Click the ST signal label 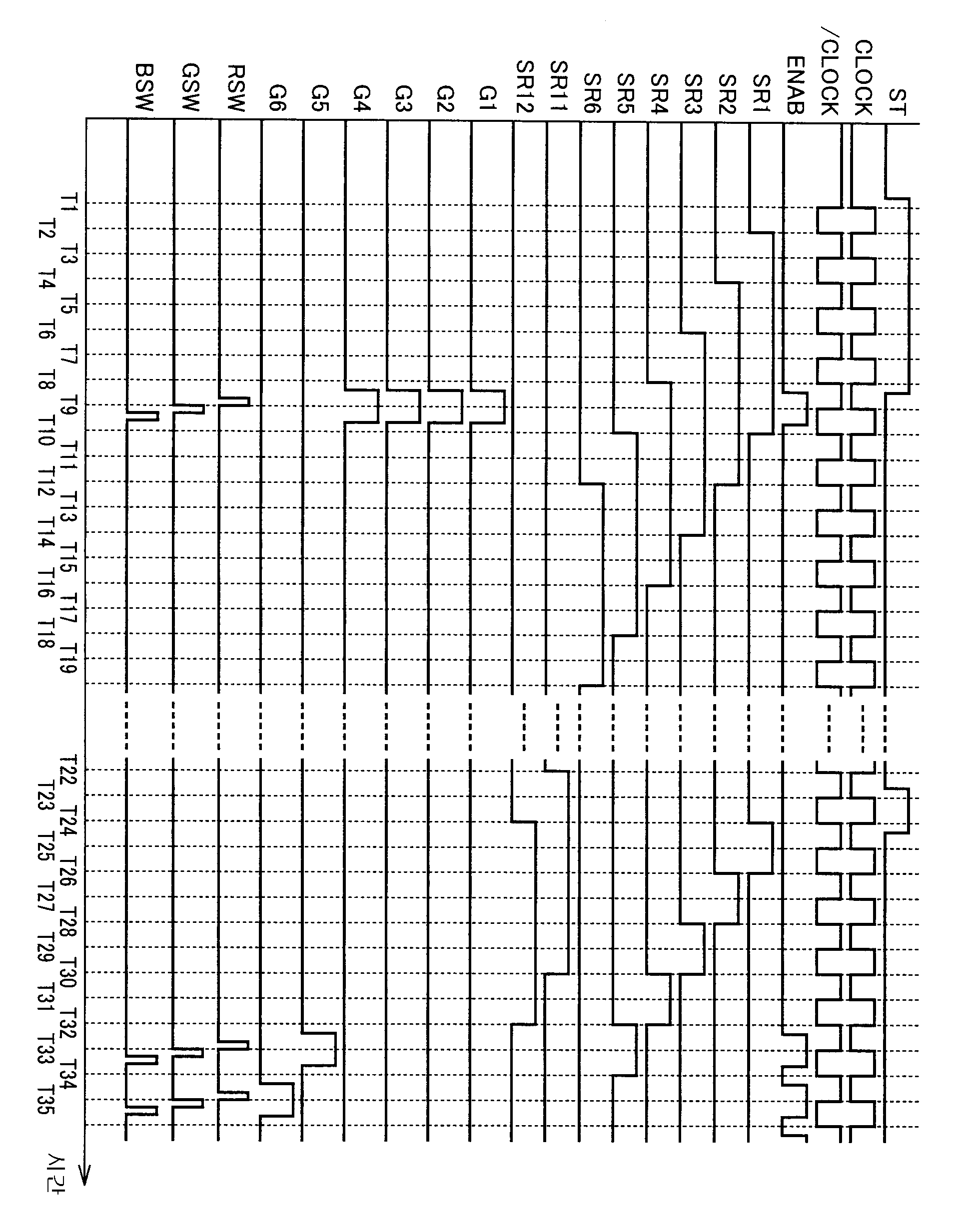[897, 102]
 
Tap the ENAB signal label [796, 85]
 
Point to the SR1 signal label [762, 94]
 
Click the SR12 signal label [524, 87]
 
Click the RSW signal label [236, 88]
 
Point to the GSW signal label [190, 88]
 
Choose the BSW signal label [144, 88]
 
